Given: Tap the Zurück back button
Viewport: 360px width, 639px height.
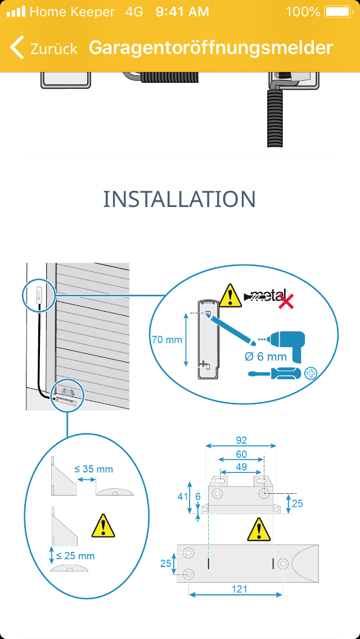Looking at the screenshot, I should coord(44,48).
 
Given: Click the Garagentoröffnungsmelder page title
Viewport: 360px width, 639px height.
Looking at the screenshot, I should coord(211,48).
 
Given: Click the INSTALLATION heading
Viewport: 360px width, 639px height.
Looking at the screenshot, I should coord(179,199).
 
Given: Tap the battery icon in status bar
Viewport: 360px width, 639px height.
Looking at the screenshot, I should coord(337,11).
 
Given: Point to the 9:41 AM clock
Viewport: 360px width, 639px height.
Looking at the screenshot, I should coord(182,11).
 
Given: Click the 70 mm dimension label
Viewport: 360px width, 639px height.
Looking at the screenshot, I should coord(167,340).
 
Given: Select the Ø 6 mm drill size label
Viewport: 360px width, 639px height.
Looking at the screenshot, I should coord(266,357).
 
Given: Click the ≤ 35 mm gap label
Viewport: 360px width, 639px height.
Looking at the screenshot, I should coord(93,469).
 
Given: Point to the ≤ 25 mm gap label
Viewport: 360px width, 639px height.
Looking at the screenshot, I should coord(75,556).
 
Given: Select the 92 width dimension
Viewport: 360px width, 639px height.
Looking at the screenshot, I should coord(241,440).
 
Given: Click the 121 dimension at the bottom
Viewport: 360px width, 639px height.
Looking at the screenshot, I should coord(239,589).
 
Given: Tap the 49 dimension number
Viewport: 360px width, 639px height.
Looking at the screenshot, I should coord(241,466).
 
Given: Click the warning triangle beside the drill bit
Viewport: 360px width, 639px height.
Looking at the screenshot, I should coord(229,296).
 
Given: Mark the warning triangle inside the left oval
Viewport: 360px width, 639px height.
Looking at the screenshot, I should coord(103,525).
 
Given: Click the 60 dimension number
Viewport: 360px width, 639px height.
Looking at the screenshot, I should coord(241,454).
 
